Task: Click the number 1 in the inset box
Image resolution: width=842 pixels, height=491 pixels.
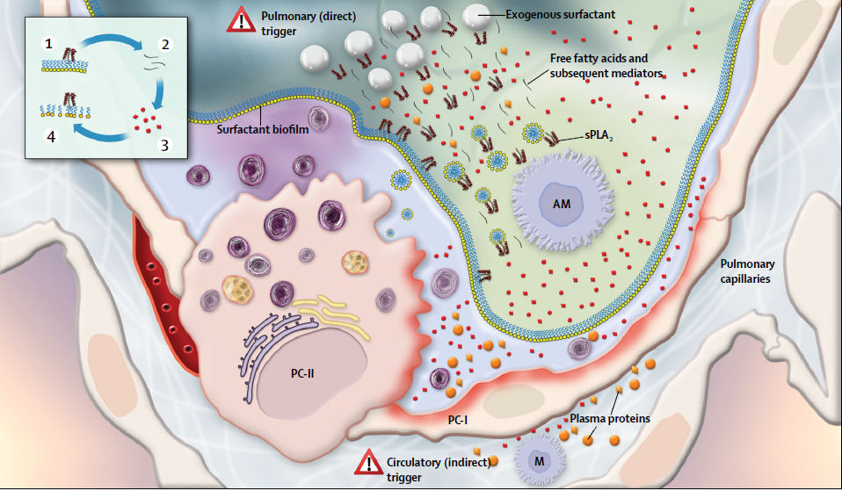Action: pyautogui.click(x=49, y=43)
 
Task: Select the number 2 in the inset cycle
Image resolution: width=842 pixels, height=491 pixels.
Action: pyautogui.click(x=165, y=44)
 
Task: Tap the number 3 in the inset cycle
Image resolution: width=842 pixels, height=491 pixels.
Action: pyautogui.click(x=165, y=145)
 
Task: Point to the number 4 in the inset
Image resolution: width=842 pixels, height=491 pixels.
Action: pyautogui.click(x=51, y=137)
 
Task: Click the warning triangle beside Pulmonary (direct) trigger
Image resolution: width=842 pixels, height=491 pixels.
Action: pyautogui.click(x=241, y=20)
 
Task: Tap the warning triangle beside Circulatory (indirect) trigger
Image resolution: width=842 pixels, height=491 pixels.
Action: pyautogui.click(x=368, y=463)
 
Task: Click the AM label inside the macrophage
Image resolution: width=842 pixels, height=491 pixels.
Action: pyautogui.click(x=562, y=204)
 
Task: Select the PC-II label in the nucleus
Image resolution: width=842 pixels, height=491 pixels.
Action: pyautogui.click(x=302, y=373)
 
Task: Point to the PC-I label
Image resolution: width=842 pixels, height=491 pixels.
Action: pyautogui.click(x=458, y=420)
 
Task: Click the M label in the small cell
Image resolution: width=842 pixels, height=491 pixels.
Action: pyautogui.click(x=539, y=461)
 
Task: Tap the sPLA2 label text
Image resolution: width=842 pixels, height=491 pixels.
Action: pyautogui.click(x=599, y=136)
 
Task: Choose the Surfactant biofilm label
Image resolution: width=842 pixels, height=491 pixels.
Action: pyautogui.click(x=263, y=129)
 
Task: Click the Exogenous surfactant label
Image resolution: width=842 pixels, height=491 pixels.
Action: pyautogui.click(x=561, y=14)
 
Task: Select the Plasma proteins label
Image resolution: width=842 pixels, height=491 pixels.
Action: pyautogui.click(x=610, y=418)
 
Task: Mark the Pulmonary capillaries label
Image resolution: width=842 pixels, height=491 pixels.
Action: pyautogui.click(x=747, y=271)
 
